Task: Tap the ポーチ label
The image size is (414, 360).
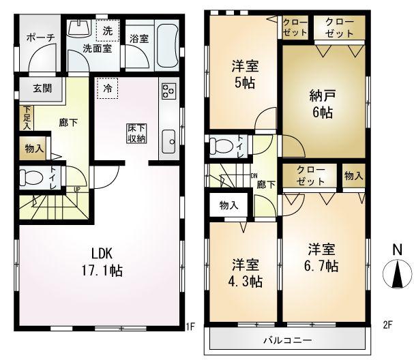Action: tap(40, 39)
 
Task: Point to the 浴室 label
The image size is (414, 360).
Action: tap(140, 39)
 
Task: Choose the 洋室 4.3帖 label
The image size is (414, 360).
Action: tap(243, 272)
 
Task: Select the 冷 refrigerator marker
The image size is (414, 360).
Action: tap(107, 88)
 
